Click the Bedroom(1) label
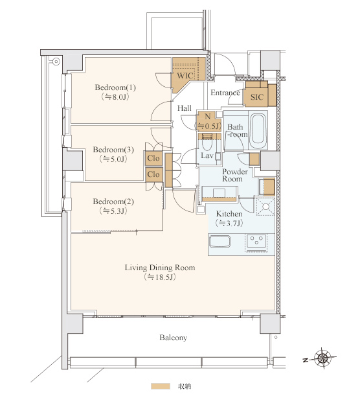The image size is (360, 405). (115, 87)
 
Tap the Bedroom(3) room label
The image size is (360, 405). (113, 150)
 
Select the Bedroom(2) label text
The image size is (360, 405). (113, 202)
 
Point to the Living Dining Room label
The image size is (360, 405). (160, 268)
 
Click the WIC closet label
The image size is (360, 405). (185, 76)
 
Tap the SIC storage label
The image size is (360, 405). (257, 97)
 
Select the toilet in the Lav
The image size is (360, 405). (207, 143)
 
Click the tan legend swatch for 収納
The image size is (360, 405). (161, 386)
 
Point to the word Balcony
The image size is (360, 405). (173, 338)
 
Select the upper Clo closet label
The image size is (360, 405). (153, 158)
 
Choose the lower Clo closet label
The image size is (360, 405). (153, 174)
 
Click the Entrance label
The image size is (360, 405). (225, 93)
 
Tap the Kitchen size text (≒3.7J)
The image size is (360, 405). (229, 223)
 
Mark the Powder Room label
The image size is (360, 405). (235, 176)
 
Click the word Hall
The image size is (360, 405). (185, 108)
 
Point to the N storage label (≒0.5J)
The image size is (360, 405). (208, 121)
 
